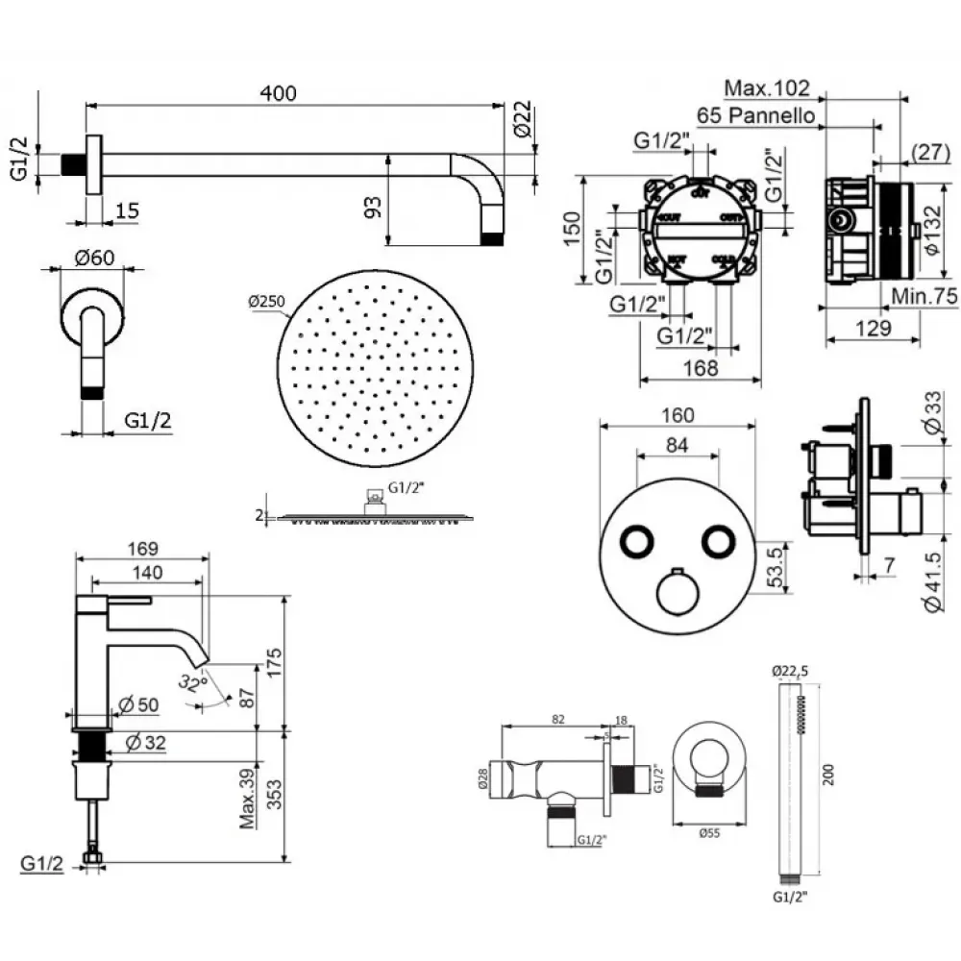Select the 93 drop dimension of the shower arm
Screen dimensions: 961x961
click(x=374, y=206)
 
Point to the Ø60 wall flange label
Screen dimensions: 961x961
click(x=93, y=258)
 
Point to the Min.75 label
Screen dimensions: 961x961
click(x=924, y=297)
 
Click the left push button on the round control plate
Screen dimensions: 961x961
click(x=636, y=543)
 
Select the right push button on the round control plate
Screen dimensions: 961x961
click(x=715, y=543)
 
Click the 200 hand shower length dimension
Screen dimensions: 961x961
click(x=828, y=776)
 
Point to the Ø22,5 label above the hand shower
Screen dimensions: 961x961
click(x=790, y=671)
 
